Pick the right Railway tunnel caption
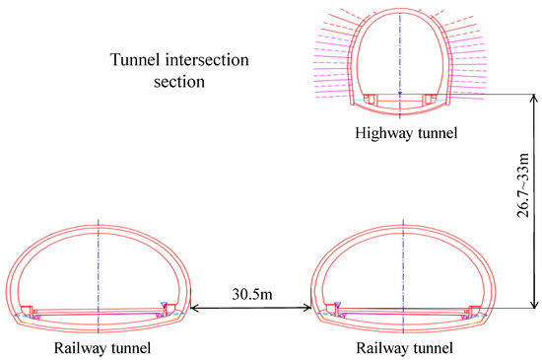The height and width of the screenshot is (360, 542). [403, 348]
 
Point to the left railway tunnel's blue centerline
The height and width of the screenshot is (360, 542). [99, 266]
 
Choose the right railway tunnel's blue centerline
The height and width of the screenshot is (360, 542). [404, 266]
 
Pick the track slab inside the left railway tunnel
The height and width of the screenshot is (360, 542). [99, 308]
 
